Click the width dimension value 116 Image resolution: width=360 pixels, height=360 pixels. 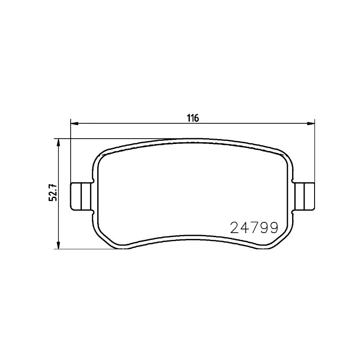click(x=193, y=118)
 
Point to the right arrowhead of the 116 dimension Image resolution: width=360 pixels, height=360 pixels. click(x=310, y=123)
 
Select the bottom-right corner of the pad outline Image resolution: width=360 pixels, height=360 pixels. click(x=277, y=241)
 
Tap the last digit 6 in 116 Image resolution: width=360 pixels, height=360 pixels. click(x=197, y=118)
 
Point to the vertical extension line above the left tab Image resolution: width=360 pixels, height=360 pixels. click(x=71, y=153)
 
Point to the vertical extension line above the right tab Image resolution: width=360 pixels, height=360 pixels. click(x=315, y=153)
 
